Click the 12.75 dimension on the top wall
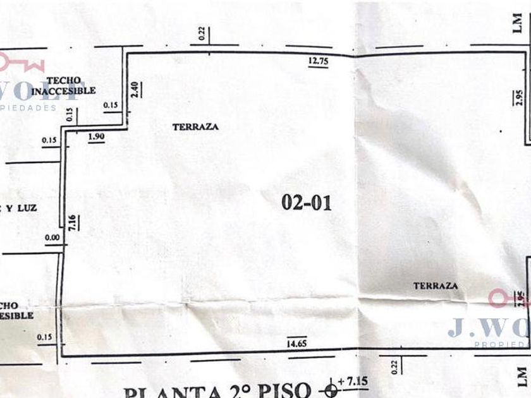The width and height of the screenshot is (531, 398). click(318, 61)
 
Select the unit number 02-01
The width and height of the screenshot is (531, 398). click(306, 202)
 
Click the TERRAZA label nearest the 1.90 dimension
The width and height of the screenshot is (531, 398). click(195, 126)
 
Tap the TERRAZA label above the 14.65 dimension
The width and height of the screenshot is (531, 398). click(436, 286)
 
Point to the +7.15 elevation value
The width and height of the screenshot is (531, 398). click(350, 382)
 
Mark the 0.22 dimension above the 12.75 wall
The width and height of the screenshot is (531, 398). click(201, 35)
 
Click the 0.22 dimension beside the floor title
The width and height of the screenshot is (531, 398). click(394, 366)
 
